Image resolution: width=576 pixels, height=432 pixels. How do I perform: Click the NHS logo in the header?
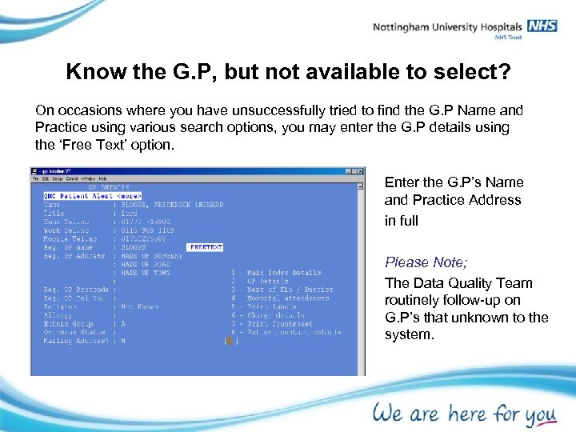[542, 26]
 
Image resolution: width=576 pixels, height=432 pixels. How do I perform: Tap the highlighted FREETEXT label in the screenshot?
[206, 248]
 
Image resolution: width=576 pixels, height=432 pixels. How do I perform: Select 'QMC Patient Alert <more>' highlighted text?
[92, 195]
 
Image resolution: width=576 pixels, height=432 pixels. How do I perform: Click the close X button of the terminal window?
[360, 171]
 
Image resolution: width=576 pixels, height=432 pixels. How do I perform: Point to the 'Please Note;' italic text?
[426, 262]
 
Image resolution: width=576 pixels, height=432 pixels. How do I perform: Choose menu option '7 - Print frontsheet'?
[271, 324]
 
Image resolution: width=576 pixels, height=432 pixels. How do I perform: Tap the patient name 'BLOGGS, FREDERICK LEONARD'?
[172, 205]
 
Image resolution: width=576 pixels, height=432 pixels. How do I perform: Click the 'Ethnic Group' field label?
[69, 324]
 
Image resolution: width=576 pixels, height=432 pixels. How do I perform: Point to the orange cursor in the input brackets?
[230, 342]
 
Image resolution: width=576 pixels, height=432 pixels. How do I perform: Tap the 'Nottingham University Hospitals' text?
[447, 27]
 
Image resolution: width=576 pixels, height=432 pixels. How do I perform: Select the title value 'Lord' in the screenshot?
[130, 214]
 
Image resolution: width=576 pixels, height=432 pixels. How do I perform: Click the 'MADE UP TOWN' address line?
[145, 273]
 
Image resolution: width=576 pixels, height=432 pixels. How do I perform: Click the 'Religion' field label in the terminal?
[60, 306]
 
